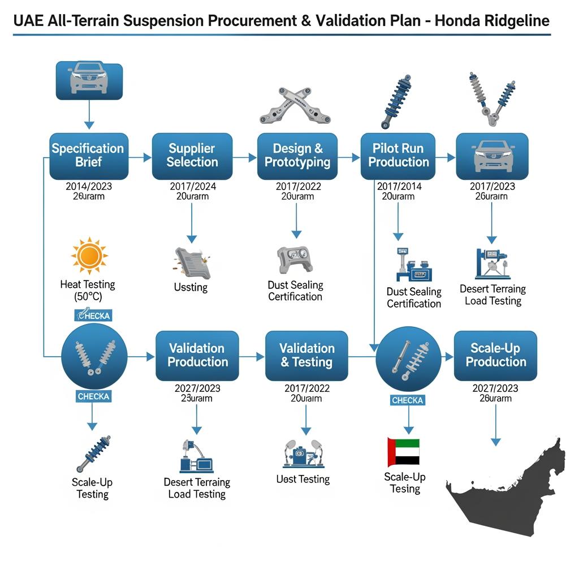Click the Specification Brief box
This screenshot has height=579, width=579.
point(88,155)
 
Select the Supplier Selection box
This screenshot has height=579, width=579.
point(192,155)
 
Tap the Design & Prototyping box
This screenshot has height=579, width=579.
point(297,155)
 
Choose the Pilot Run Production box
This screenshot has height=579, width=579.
point(398,155)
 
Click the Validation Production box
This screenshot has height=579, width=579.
point(197,356)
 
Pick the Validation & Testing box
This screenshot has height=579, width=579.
point(306,356)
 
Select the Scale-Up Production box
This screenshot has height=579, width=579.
point(495,356)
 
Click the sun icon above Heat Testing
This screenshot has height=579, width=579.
point(89,256)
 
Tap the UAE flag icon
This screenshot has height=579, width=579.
point(403,452)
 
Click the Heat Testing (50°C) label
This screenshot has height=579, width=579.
point(88,291)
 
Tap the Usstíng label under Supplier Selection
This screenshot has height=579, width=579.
point(191,287)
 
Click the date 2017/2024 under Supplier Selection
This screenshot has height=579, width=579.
point(192,186)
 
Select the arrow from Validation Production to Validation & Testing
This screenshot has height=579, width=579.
point(252,357)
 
